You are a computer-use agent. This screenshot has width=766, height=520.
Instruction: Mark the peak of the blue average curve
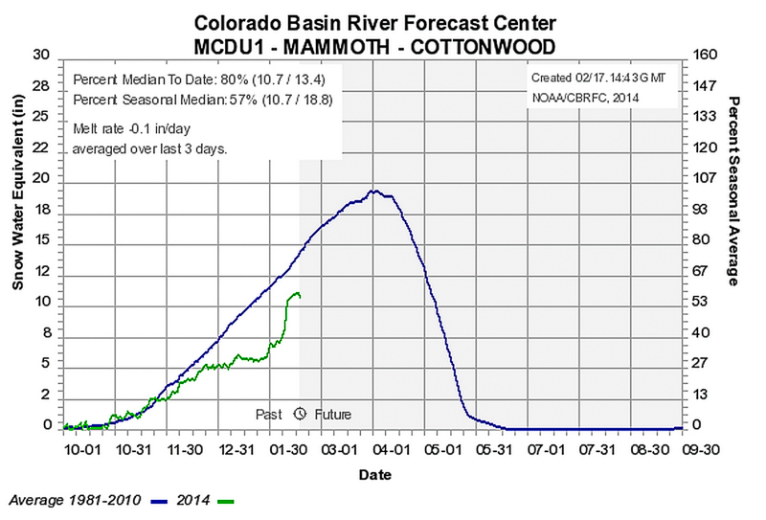pyautogui.click(x=374, y=191)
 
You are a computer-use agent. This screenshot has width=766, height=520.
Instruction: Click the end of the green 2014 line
pyautogui.click(x=300, y=296)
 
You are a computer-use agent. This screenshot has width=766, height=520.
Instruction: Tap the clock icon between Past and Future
pyautogui.click(x=299, y=415)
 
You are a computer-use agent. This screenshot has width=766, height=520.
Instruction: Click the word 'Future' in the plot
pyautogui.click(x=330, y=415)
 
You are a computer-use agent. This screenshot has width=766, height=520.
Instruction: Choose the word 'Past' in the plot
pyautogui.click(x=268, y=415)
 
